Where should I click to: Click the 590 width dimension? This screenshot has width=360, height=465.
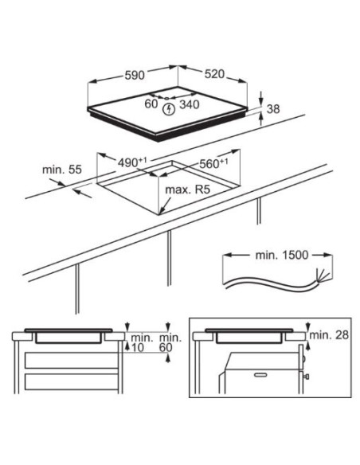135,75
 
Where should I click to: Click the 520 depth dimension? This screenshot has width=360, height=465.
214,74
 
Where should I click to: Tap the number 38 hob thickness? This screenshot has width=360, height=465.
273,109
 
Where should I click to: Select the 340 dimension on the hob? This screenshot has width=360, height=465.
190,104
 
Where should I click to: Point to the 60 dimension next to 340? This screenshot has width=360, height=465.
151,104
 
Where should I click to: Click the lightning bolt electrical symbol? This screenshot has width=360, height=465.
169,109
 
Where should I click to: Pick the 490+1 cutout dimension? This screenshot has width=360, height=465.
132,162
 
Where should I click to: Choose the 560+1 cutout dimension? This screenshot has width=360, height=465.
213,163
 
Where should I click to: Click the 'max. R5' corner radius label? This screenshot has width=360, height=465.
187,190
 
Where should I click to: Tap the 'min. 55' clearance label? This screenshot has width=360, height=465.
62,170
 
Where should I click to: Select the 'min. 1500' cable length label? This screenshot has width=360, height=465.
282,255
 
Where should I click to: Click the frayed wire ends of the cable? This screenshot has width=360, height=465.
322,275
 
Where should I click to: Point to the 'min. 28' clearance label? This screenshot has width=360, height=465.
329,335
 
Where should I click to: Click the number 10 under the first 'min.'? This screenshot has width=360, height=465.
138,347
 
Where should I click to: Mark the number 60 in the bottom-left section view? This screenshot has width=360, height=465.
166,347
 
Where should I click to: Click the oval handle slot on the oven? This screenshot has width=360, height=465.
260,375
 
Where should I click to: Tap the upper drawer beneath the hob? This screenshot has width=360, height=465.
72,361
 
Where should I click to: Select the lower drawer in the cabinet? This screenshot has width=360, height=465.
72,381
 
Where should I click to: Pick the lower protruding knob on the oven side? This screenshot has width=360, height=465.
307,377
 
